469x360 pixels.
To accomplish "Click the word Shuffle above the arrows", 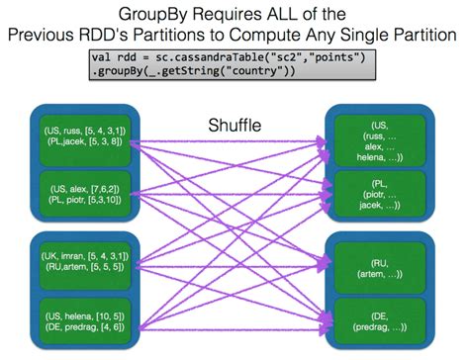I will coord(234,126).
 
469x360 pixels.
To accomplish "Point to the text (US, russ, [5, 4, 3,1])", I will coord(80,130).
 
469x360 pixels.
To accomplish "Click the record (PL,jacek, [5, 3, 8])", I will coord(80,142).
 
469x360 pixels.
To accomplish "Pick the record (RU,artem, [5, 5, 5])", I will coord(80,266).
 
